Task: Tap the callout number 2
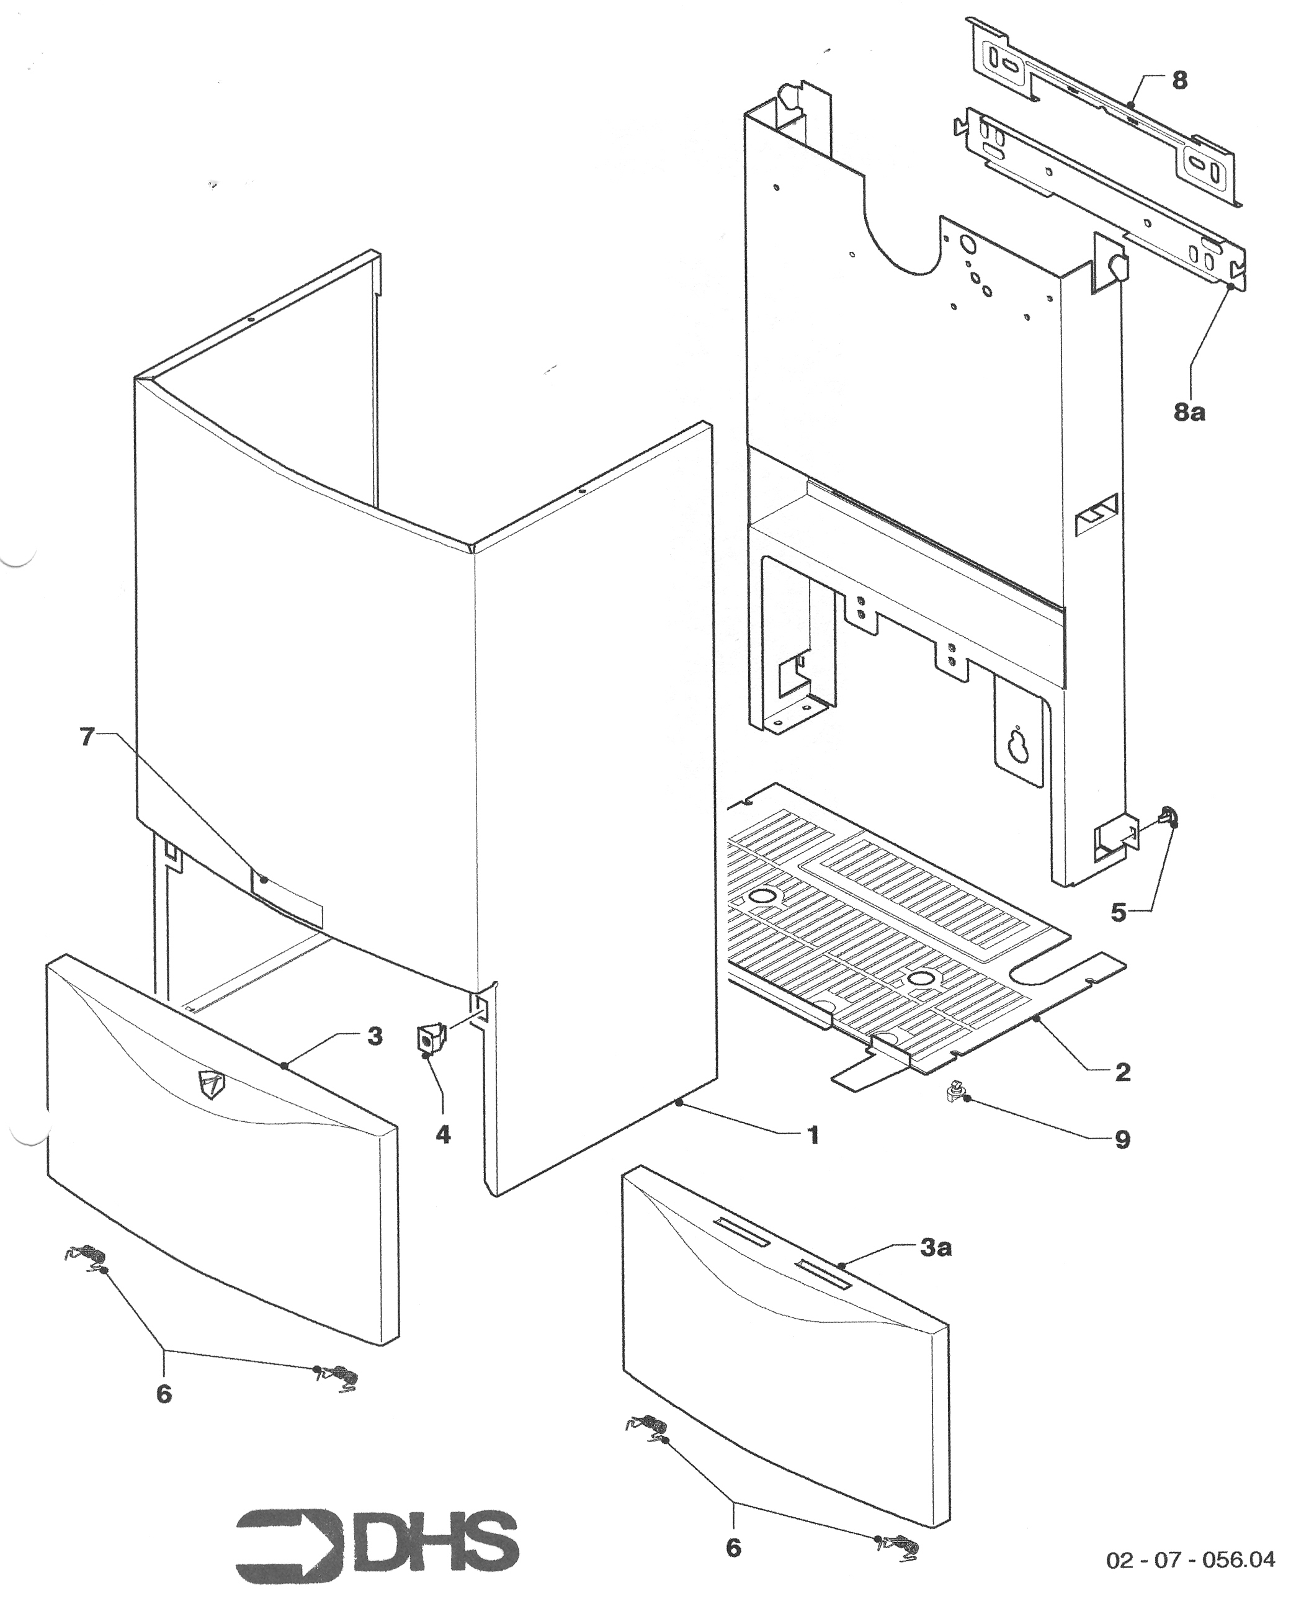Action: pyautogui.click(x=1122, y=1073)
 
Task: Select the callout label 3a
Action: pyautogui.click(x=936, y=1248)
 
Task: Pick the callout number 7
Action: pyautogui.click(x=87, y=737)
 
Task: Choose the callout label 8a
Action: pyautogui.click(x=1189, y=412)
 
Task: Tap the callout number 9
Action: pyautogui.click(x=1122, y=1140)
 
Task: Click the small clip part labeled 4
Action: pyautogui.click(x=429, y=1040)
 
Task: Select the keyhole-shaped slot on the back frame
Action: pyautogui.click(x=1017, y=743)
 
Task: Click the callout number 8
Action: pyautogui.click(x=1179, y=80)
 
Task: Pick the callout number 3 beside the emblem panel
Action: pyautogui.click(x=374, y=1037)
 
